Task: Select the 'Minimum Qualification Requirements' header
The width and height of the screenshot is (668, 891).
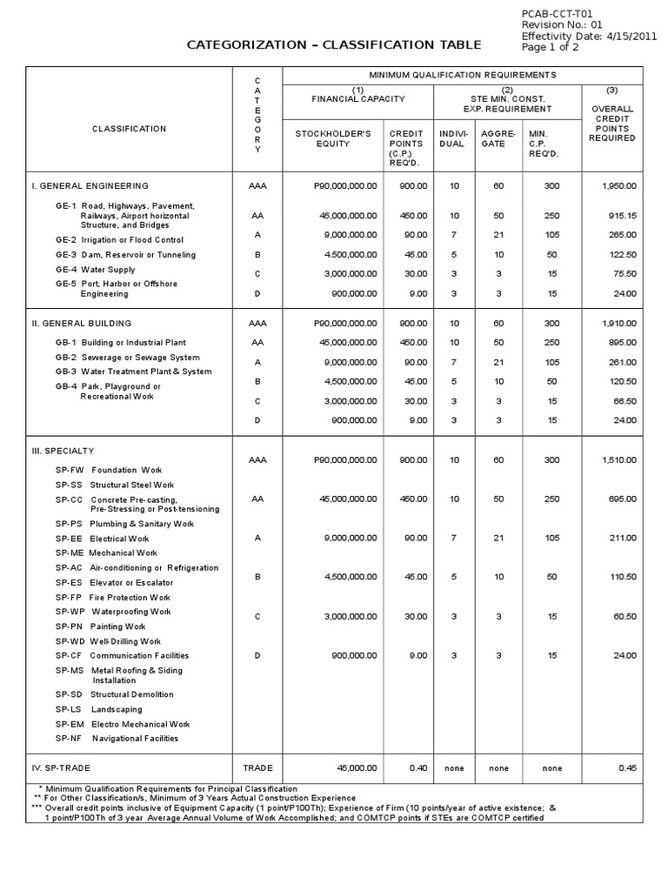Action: (x=463, y=75)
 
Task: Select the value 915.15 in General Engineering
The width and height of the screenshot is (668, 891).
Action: (x=620, y=215)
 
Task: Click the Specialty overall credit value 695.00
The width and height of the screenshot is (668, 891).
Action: (x=620, y=499)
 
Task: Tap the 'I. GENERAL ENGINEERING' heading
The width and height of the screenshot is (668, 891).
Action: (x=90, y=186)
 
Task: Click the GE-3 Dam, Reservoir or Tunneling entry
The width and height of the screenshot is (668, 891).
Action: (x=126, y=255)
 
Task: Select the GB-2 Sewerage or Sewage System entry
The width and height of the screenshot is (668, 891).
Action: (x=127, y=358)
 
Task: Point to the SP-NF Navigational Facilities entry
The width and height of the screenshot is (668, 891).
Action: (x=117, y=739)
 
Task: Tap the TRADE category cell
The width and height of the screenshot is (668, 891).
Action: (x=257, y=768)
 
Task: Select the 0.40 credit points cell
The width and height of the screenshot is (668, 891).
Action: (x=417, y=768)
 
